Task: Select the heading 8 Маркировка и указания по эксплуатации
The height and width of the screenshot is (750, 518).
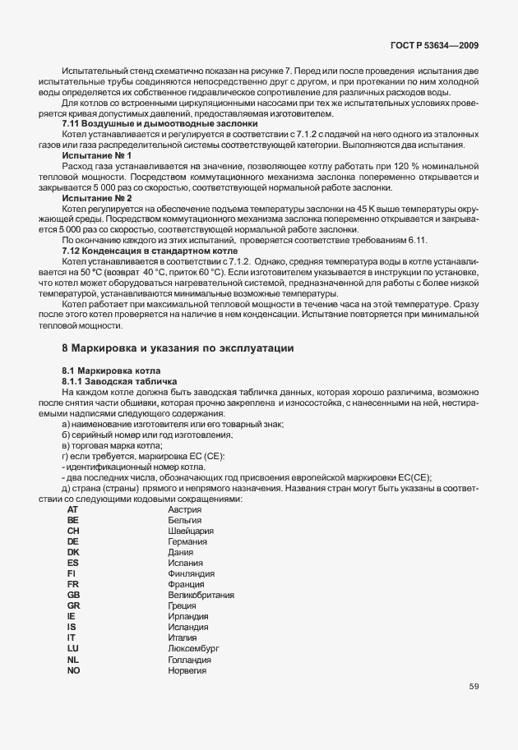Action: point(178,348)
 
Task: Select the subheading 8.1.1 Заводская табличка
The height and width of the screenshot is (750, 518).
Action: point(119,382)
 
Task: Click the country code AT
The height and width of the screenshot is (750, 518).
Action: point(72,509)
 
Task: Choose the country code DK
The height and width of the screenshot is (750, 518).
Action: point(73,552)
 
